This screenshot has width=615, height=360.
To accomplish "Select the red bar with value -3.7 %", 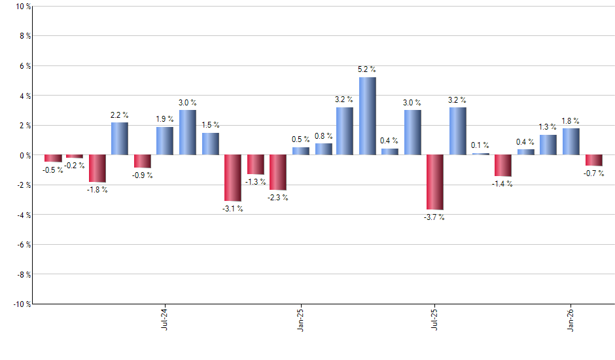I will pos(435,182).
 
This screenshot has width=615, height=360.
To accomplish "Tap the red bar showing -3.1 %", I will pos(233,178).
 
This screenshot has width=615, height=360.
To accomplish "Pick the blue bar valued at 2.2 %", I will pos(120,139).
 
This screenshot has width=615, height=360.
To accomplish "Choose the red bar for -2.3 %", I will pos(278,172).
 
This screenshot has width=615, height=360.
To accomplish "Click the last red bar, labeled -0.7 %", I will pos(593,160).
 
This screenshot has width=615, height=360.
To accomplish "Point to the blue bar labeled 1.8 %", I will pos(571,141).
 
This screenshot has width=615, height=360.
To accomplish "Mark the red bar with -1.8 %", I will pos(97,168).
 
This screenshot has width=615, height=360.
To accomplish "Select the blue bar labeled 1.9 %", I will pos(165,141).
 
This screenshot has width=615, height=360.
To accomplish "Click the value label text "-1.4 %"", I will pos(502,184).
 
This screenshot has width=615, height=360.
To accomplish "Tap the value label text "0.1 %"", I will pos(480,145).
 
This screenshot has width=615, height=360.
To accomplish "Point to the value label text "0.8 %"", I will pos(323,136).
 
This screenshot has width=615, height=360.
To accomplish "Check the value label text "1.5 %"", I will pos(210,125).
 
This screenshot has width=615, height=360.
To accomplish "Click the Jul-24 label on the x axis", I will pos(164,319).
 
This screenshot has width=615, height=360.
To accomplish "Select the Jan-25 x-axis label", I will pos(300,319).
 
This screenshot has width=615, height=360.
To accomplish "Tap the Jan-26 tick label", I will pos(571,319).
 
